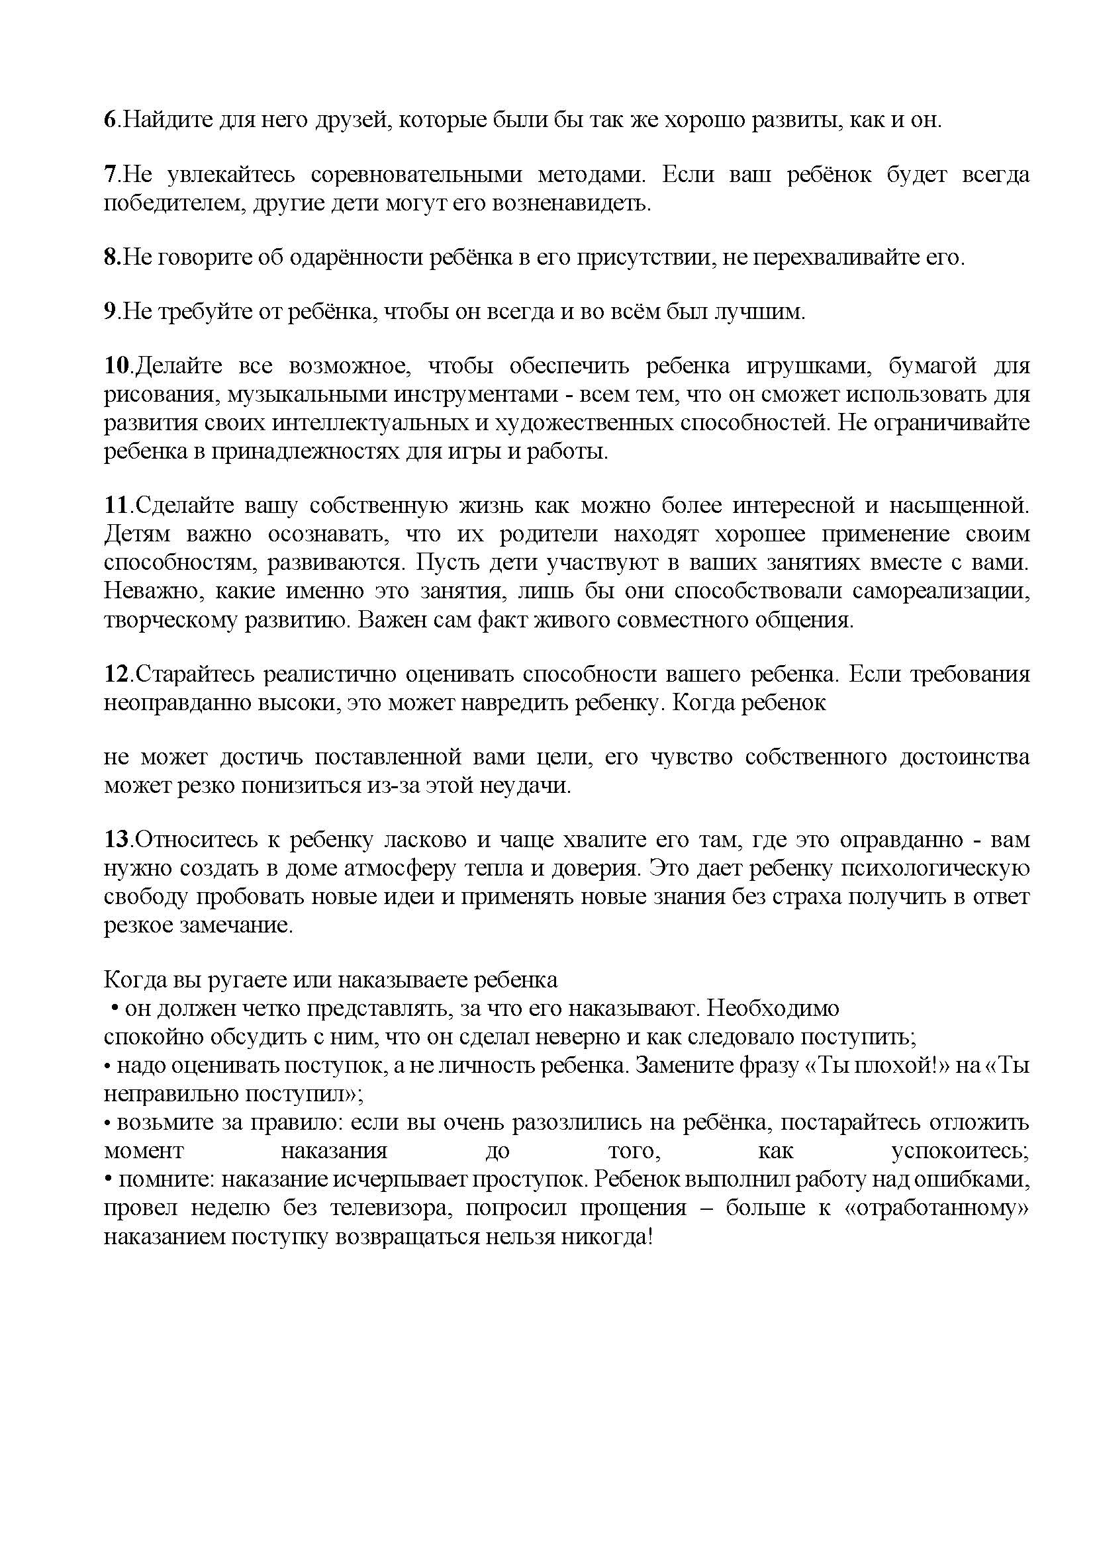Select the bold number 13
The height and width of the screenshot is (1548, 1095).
[x=116, y=839]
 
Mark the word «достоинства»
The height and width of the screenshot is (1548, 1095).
[x=964, y=757]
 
